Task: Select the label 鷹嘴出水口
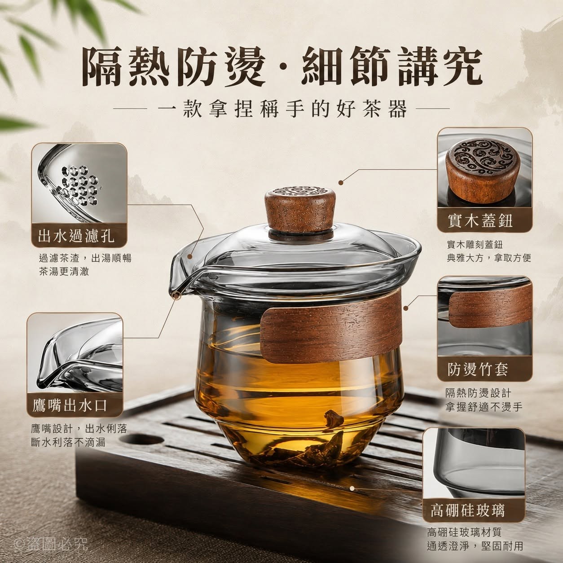[x=70, y=405]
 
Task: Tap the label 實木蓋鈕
[x=480, y=221]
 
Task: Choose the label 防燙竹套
[x=478, y=369]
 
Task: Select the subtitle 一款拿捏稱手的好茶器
[x=281, y=108]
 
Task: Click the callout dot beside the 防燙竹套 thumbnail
[x=405, y=308]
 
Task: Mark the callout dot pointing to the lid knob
[x=341, y=183]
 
